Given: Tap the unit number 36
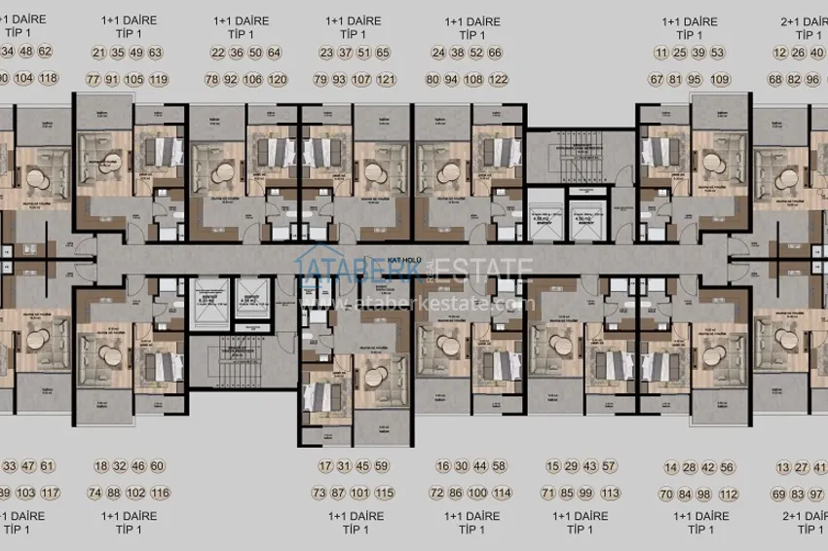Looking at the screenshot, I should click(235, 53).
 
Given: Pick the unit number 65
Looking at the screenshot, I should click(382, 53).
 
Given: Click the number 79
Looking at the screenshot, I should click(320, 79).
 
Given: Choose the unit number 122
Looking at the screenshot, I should click(499, 79).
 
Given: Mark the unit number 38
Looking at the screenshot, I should click(456, 53).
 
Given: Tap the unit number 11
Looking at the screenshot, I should click(662, 53).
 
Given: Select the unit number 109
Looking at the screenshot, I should click(721, 79).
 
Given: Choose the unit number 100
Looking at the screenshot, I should click(476, 493).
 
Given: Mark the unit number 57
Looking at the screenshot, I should click(610, 466).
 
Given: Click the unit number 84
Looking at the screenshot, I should click(688, 493).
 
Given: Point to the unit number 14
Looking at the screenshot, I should click(670, 466).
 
